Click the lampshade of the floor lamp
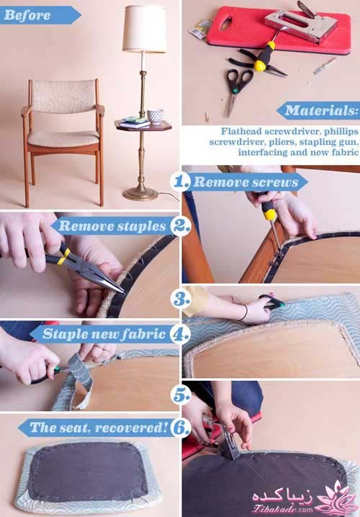[145, 29]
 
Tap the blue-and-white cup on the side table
[155, 116]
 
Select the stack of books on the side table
[134, 122]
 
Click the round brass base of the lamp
[141, 193]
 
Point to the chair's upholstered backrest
[63, 96]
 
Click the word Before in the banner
[27, 15]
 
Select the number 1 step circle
[180, 181]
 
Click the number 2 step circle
[181, 226]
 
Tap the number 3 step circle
[181, 299]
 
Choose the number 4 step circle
[180, 334]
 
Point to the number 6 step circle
[181, 428]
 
